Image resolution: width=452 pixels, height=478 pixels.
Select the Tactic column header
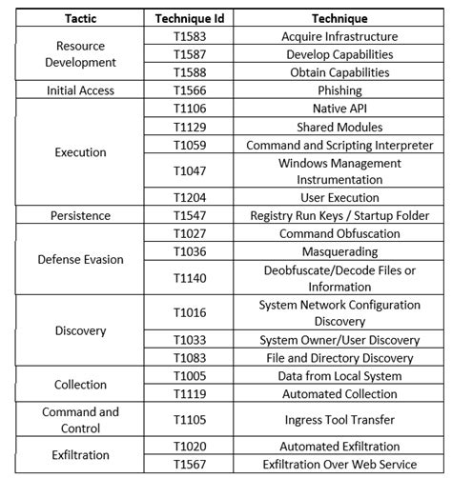click(81, 19)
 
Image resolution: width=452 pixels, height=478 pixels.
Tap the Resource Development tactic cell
click(81, 54)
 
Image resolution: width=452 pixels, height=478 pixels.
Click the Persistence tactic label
click(81, 216)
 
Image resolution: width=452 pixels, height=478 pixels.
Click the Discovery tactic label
click(81, 330)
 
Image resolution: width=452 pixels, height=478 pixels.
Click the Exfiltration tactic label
click(81, 455)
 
